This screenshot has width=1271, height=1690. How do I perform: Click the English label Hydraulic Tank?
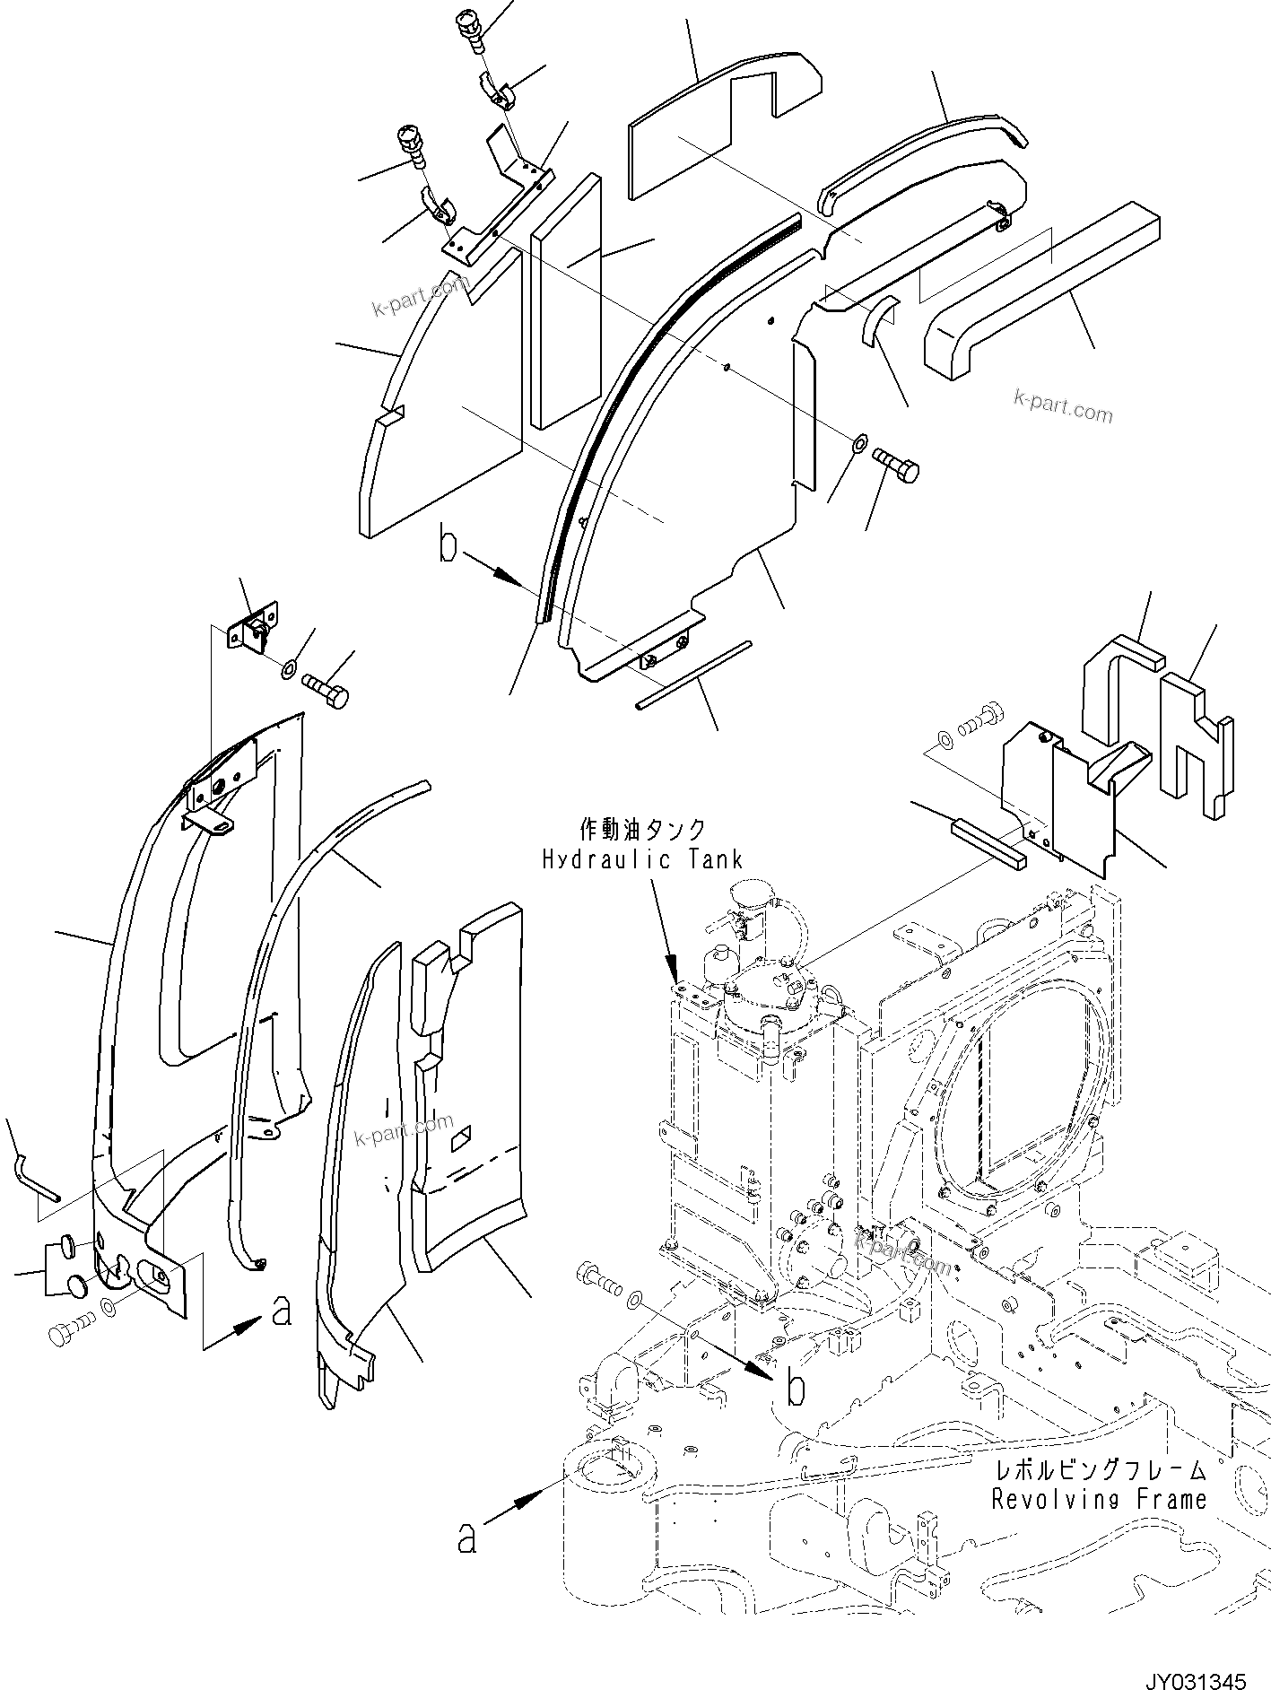(642, 859)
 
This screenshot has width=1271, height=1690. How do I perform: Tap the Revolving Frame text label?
(1099, 1499)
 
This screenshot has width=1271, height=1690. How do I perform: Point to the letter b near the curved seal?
(448, 547)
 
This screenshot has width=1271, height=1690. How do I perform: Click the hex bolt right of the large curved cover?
(897, 465)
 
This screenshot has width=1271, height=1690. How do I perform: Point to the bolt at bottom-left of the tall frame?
(73, 1334)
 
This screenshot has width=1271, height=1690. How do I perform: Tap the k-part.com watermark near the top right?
(1063, 406)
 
